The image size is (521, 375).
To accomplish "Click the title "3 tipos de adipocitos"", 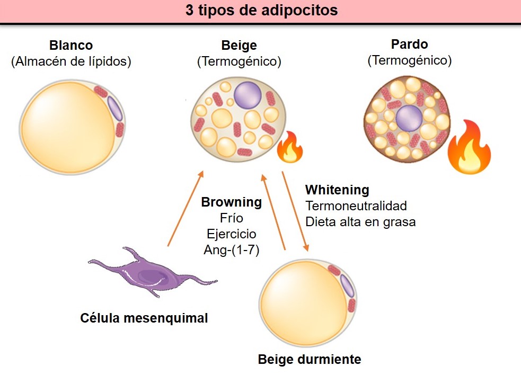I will pos(261,11).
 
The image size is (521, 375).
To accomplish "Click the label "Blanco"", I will pos(71,46).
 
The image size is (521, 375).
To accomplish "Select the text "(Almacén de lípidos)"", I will pos(71,61).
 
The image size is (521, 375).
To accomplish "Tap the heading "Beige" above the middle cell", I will pos(239,46).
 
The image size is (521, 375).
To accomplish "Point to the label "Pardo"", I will pos(409,44).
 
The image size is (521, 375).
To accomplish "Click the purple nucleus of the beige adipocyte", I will pos(248,94).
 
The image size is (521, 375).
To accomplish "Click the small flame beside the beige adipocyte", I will pos(290,147).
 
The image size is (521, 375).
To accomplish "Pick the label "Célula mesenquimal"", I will pos(144,318).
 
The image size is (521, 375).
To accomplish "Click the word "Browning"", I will pos(231,202).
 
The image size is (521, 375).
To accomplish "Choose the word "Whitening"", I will pos(337,190).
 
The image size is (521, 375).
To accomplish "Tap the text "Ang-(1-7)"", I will pos(231,251).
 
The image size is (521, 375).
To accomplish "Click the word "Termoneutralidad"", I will pos(356,206).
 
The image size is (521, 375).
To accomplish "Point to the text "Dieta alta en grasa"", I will pos(360,222).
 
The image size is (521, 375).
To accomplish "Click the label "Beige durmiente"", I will pos(310,360).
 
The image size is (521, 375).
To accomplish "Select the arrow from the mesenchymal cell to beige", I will pos(185,209).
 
